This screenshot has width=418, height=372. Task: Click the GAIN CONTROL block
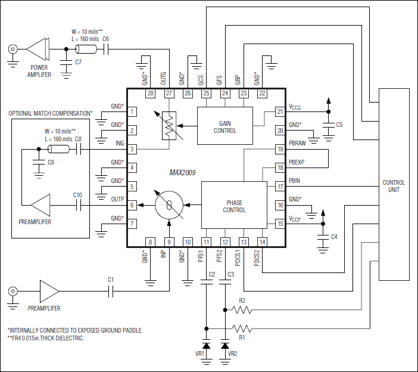point(224,126)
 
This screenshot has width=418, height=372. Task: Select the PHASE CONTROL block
point(234,206)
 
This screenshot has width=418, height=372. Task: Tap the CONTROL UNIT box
point(394,185)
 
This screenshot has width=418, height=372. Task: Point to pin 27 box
point(169,94)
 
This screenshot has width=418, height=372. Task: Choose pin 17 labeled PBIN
point(279,187)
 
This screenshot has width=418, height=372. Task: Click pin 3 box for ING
point(133,148)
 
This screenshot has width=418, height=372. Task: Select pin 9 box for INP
point(169,242)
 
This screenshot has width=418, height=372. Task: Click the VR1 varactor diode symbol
point(206,345)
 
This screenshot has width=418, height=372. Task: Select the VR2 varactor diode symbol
point(225,345)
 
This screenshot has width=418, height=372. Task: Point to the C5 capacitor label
point(339,125)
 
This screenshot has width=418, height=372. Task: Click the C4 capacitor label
point(334,237)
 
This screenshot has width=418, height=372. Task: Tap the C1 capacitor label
point(111,280)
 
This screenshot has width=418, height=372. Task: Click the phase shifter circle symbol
point(169,206)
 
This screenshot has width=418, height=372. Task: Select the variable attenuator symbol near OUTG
point(169,126)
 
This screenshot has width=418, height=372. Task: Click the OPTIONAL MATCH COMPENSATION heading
point(51,113)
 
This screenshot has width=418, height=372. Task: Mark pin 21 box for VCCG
point(279,111)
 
